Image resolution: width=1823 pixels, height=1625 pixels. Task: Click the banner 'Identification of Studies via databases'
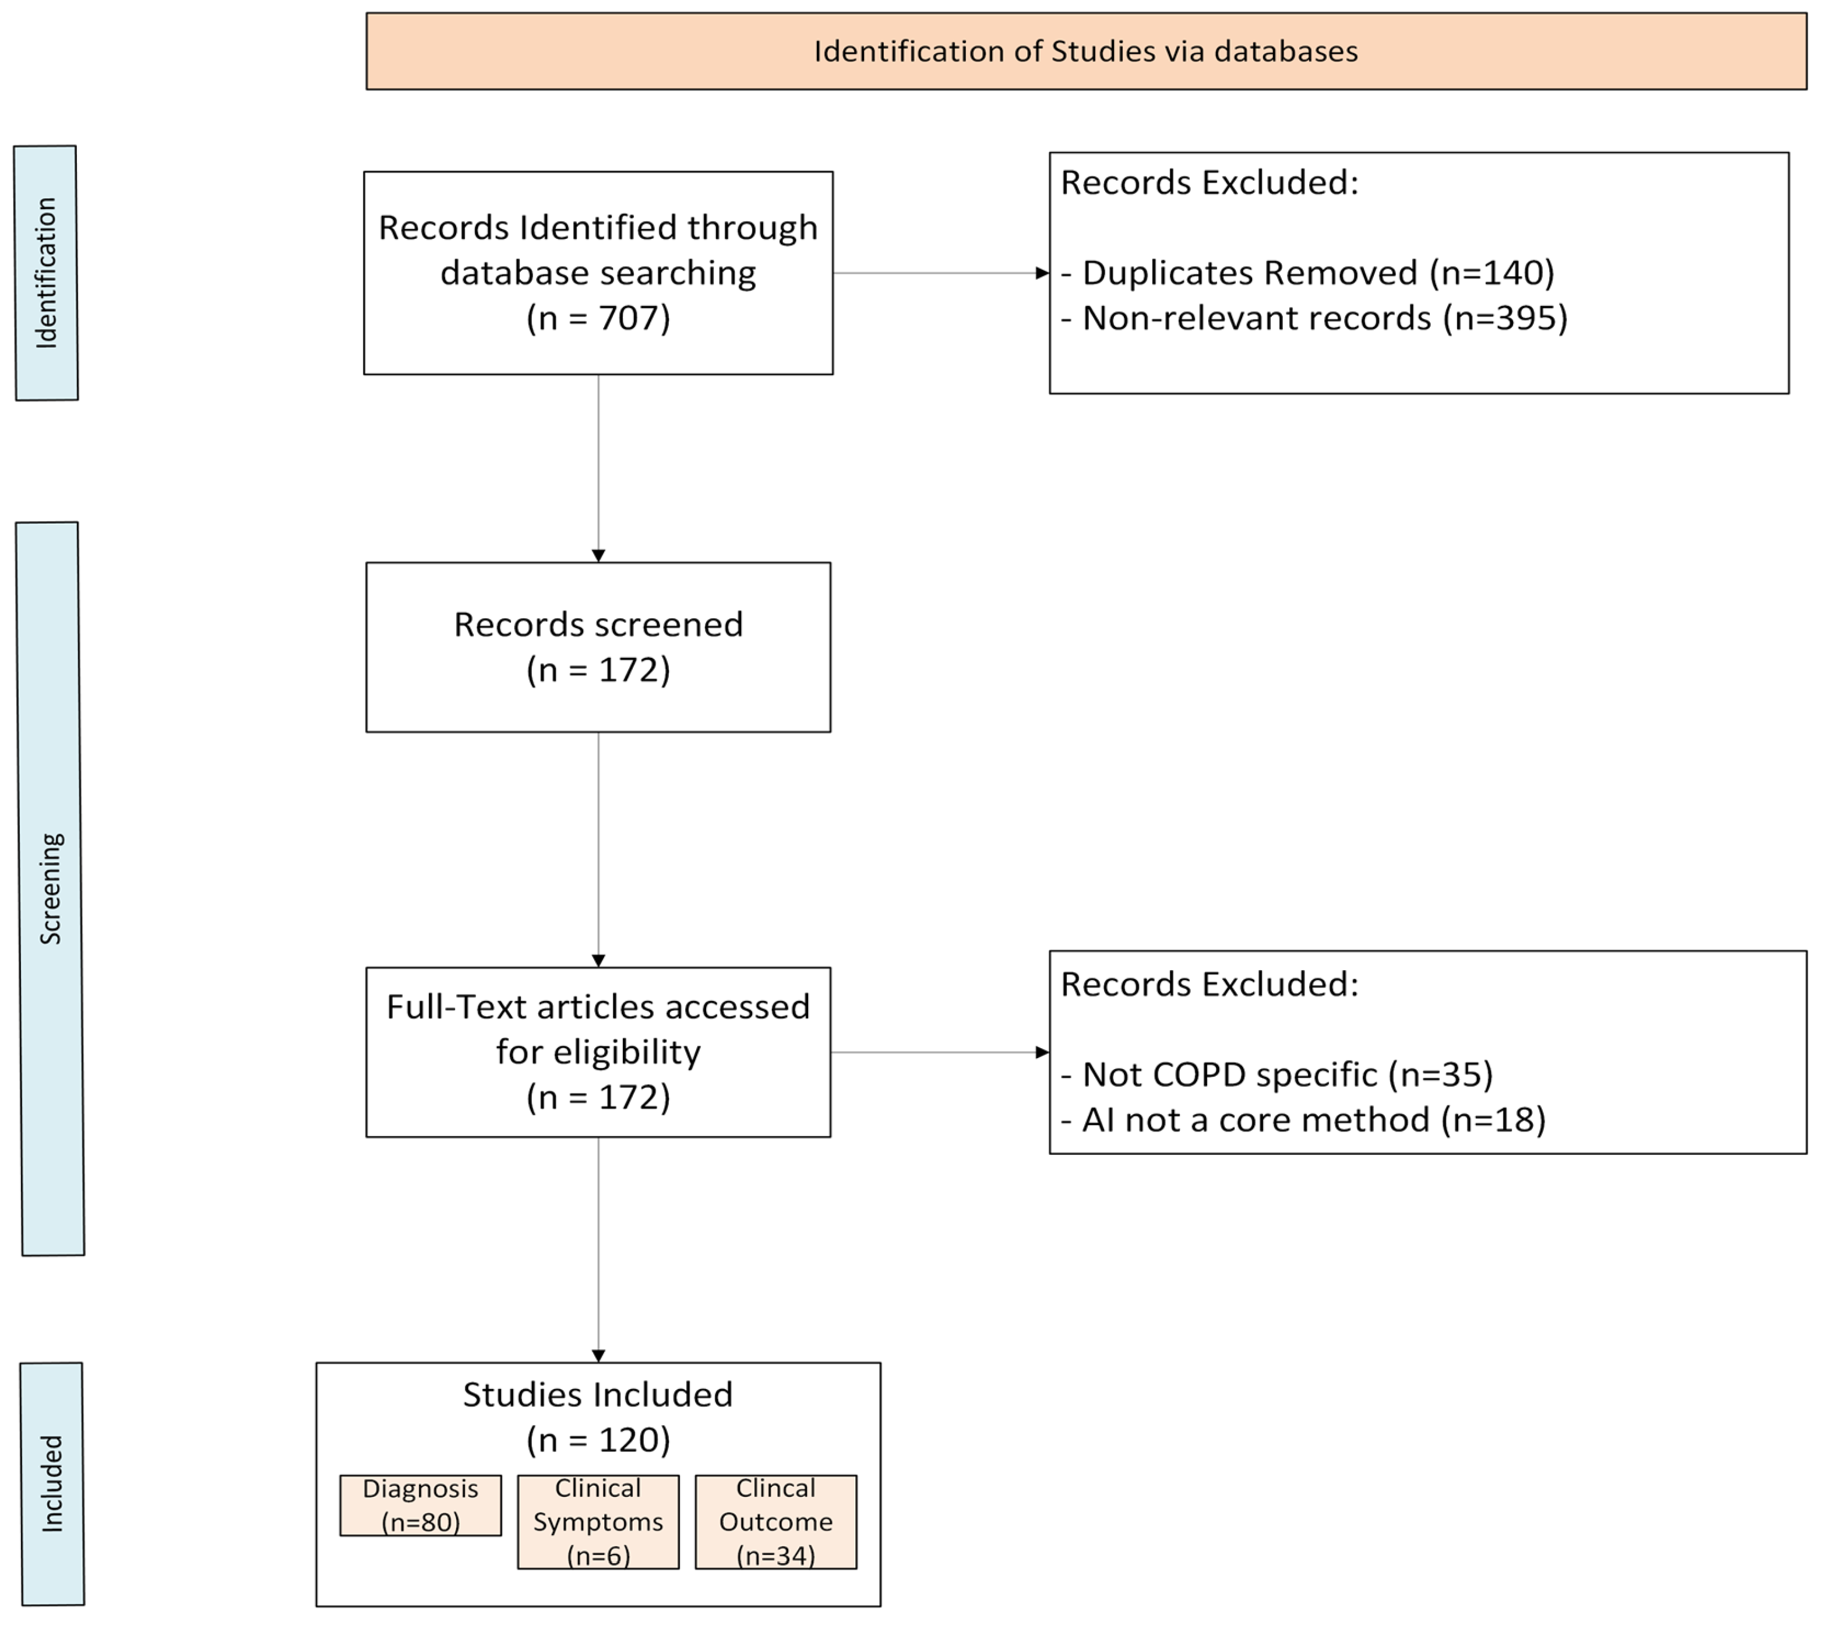pos(1087,51)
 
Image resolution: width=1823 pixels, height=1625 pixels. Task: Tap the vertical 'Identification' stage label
pos(47,273)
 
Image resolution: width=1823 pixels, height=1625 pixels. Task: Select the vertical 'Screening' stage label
pos(50,889)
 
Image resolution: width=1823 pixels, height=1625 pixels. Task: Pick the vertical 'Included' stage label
pos(52,1484)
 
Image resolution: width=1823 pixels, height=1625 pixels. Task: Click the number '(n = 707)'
pos(598,318)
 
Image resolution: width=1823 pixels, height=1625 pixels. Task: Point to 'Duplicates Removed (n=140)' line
pos(1308,272)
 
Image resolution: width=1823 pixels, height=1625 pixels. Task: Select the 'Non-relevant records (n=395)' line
pos(1314,318)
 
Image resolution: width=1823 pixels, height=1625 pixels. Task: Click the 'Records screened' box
pos(598,647)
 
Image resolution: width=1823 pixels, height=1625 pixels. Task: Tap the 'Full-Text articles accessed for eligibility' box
pos(598,1052)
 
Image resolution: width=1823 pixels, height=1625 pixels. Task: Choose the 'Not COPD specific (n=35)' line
pos(1277,1074)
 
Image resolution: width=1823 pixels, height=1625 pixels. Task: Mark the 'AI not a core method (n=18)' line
pos(1303,1120)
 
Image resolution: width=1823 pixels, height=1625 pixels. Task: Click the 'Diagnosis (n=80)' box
pos(421,1506)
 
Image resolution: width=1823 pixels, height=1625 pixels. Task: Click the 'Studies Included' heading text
pos(598,1395)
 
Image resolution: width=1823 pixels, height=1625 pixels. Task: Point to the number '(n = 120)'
pos(598,1439)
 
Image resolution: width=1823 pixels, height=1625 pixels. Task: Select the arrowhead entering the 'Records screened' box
pos(598,555)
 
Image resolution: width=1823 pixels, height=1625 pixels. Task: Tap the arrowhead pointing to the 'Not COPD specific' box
pos(1042,1052)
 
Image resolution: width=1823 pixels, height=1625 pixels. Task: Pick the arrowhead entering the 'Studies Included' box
pos(598,1355)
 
